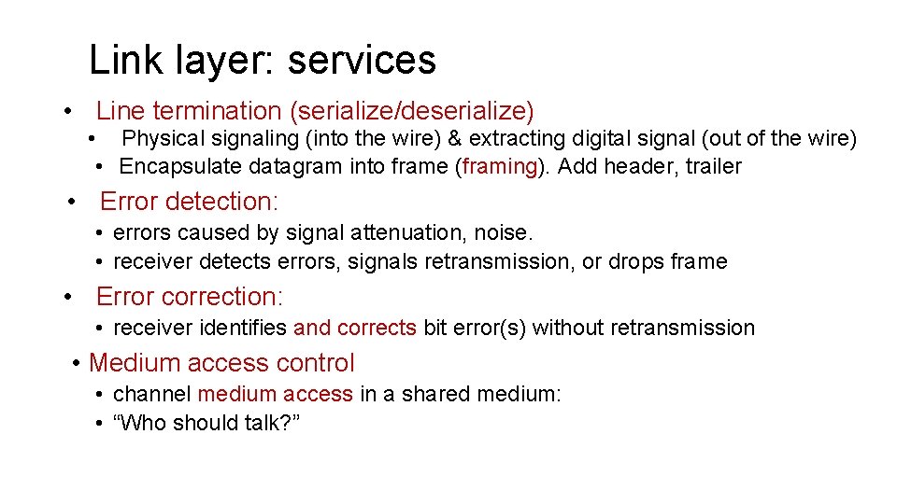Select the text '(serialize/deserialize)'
click(x=412, y=112)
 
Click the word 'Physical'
click(x=161, y=139)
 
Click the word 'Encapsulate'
click(x=174, y=167)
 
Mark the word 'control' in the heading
click(x=312, y=363)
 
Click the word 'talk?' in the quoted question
click(x=271, y=423)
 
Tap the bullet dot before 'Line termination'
click(x=69, y=112)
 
